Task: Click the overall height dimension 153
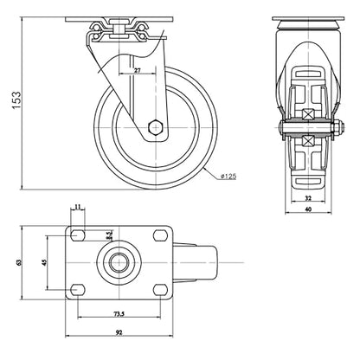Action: tap(16, 100)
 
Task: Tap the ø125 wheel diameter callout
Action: tap(228, 176)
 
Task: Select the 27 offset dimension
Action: tap(138, 70)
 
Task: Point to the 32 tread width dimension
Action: tap(308, 198)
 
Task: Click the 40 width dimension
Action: tap(308, 209)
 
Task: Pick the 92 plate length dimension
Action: tap(119, 332)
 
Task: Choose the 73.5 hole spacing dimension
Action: tap(119, 314)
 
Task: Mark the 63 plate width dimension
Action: tap(19, 262)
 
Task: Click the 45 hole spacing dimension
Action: tap(44, 262)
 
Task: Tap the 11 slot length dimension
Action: tap(78, 207)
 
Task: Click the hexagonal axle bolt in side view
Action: tap(156, 126)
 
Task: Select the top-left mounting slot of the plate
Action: tap(78, 235)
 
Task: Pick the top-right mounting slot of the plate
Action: tap(160, 235)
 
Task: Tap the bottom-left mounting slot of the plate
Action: tap(78, 289)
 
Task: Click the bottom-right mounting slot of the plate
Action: tap(160, 289)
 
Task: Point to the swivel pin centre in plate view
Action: tap(119, 262)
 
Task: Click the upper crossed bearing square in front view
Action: tap(309, 113)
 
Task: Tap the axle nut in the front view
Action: tap(338, 127)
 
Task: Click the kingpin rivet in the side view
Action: tap(119, 28)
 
